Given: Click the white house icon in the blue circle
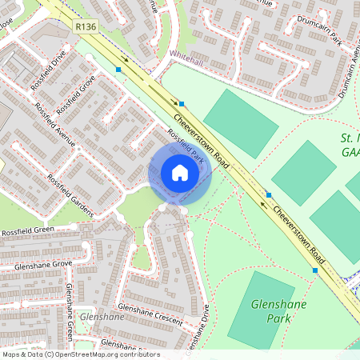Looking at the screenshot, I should click(180, 173).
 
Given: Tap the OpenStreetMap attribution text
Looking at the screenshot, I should click(80, 354).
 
